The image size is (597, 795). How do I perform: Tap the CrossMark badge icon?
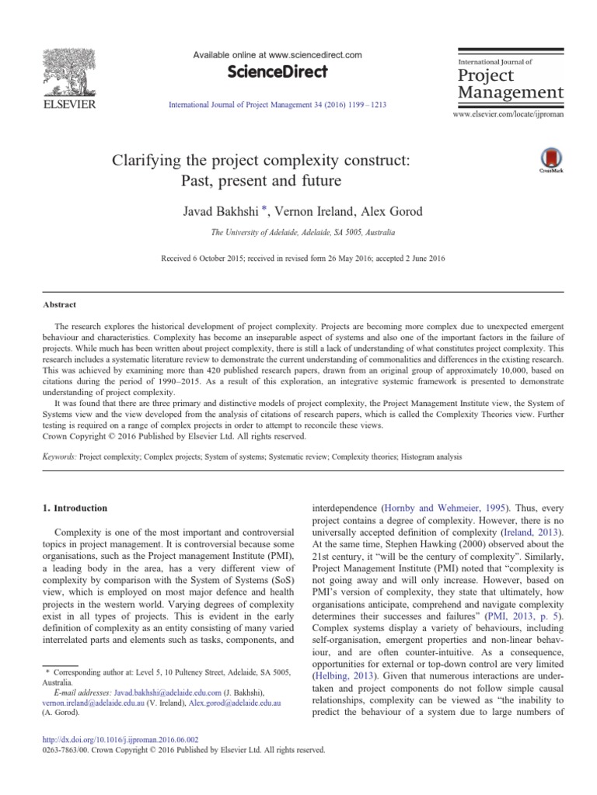[550, 156]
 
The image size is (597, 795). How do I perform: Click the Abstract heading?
[60, 305]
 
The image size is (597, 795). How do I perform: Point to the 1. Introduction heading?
[73, 508]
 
